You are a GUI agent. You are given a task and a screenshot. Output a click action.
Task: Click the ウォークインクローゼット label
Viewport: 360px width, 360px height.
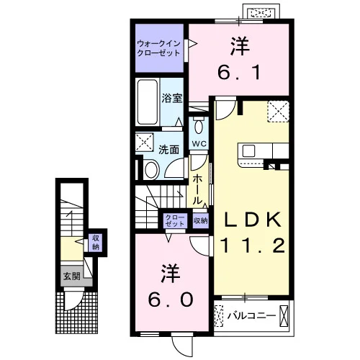click(158, 48)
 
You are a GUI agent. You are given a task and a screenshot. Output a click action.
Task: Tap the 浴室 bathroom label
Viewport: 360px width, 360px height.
click(172, 98)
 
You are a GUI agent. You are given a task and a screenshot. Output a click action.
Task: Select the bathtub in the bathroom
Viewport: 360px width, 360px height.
click(148, 102)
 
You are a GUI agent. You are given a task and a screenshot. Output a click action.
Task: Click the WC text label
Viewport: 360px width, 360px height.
click(199, 144)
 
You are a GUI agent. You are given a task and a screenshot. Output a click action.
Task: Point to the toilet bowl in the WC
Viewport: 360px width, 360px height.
click(199, 127)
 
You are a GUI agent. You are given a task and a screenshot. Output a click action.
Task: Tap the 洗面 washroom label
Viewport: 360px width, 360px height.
click(168, 150)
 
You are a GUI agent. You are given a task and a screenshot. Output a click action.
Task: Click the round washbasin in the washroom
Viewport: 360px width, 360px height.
click(152, 170)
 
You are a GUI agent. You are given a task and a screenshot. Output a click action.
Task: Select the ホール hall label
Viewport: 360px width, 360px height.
click(197, 189)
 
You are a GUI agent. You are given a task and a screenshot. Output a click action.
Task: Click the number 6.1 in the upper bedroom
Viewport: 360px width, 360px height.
click(239, 73)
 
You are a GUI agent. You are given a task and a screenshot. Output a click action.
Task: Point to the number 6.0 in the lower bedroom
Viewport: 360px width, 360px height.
click(171, 300)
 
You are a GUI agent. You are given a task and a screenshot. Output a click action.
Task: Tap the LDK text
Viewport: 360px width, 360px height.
click(253, 220)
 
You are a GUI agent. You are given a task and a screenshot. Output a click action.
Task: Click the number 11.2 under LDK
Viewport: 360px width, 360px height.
click(253, 246)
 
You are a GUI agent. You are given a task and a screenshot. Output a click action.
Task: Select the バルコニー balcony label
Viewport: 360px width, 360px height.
click(252, 315)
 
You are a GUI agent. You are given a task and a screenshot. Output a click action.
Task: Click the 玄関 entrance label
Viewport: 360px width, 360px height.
click(71, 276)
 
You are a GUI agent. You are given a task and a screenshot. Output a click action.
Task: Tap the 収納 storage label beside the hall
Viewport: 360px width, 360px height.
click(200, 220)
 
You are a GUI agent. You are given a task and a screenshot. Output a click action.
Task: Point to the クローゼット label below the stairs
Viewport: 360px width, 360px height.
click(175, 220)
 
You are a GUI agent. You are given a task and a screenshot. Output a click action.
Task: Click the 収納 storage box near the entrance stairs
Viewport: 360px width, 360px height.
click(96, 243)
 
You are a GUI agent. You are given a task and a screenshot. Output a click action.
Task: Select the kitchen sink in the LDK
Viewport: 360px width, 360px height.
click(248, 151)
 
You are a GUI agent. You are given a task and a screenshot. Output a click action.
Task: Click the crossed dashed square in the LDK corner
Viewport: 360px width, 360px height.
click(278, 112)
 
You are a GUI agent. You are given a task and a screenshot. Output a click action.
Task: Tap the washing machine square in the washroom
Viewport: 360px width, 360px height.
click(144, 142)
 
